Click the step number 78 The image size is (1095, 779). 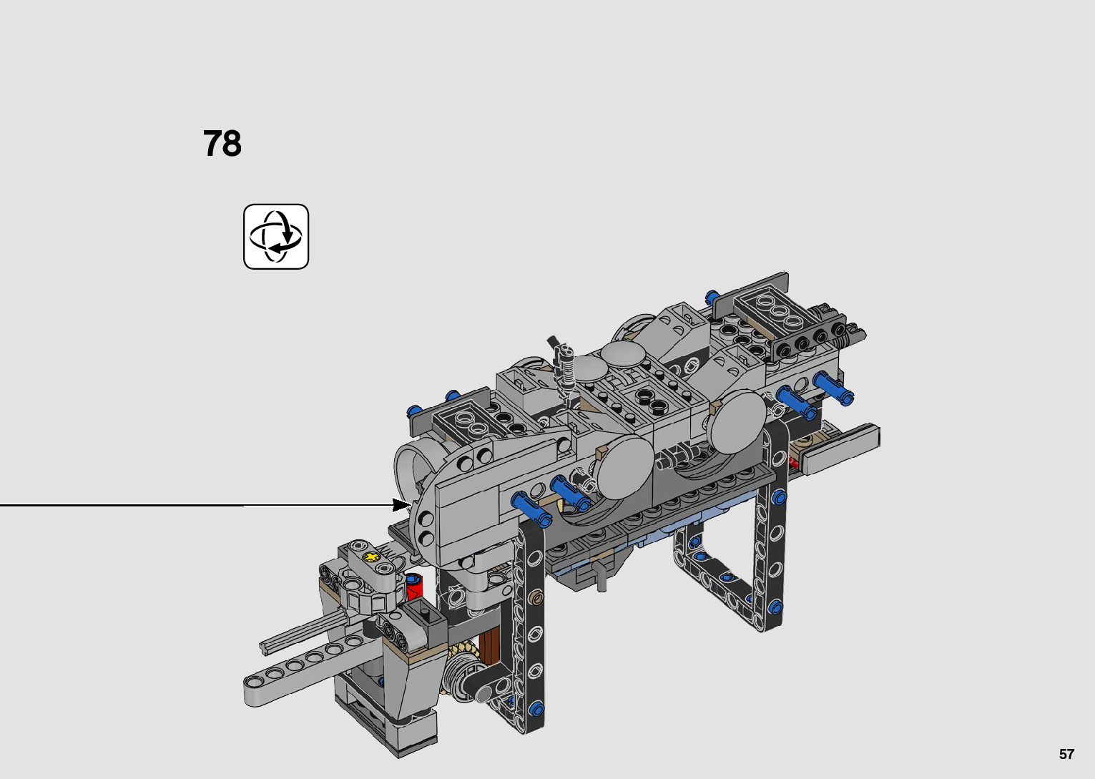pos(222,143)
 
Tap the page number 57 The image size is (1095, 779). pos(1066,753)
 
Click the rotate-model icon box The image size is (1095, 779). pos(276,237)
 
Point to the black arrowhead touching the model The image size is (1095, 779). pos(402,504)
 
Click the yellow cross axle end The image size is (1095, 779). pos(372,557)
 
